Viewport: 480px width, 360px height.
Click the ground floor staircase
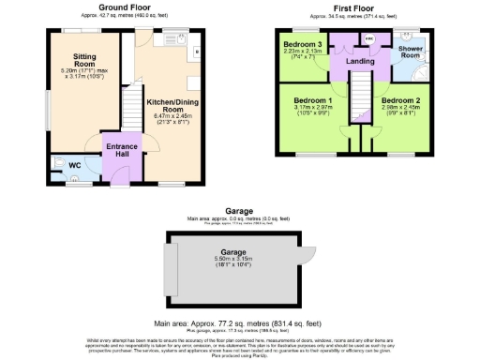(132, 111)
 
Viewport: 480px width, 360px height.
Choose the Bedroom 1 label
(312, 99)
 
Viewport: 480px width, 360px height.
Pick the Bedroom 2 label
(400, 99)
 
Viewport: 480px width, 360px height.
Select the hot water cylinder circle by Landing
(368, 39)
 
